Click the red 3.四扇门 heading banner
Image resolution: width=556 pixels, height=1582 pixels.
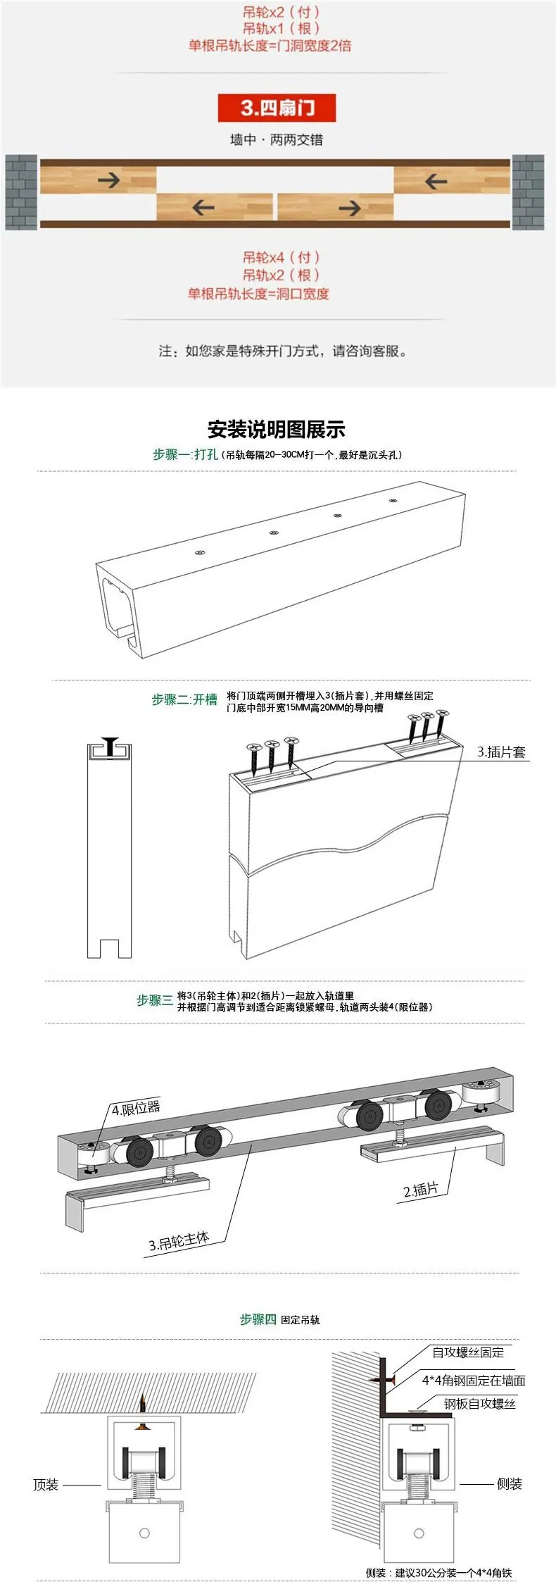pos(277,108)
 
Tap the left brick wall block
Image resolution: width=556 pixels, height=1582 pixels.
pos(22,192)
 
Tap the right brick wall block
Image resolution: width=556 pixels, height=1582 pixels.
pos(528,192)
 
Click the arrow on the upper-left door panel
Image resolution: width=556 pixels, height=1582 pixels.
pos(109,180)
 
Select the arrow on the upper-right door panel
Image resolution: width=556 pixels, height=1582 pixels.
pos(436,182)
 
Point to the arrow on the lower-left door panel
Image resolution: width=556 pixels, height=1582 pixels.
pos(203,207)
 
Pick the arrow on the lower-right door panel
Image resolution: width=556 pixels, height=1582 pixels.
pos(350,207)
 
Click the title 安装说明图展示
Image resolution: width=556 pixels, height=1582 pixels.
pos(277,429)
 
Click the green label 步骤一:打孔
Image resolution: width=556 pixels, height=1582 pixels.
pos(185,455)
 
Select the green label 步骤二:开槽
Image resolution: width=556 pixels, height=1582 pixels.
pos(184,699)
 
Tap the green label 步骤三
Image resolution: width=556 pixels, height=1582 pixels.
pos(154,1000)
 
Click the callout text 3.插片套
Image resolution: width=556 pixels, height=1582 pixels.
pos(502,752)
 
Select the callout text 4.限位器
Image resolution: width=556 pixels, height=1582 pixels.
pos(136,1109)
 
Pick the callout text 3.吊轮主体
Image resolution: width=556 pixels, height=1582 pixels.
pos(179,1241)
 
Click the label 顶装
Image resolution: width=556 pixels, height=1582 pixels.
pos(46,1485)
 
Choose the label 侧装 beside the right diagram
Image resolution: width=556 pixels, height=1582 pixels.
pos(510,1484)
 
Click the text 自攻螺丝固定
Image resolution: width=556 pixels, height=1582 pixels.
pos(468,1353)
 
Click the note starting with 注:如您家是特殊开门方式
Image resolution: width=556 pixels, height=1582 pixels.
pos(282,351)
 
